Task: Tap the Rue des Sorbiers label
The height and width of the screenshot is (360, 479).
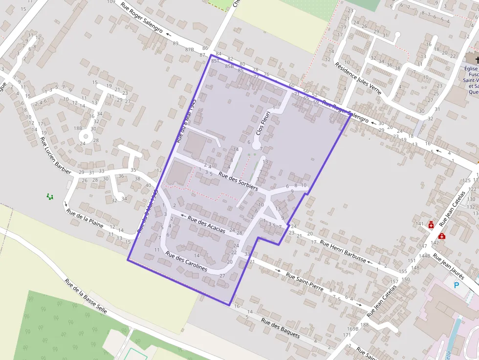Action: coord(238,180)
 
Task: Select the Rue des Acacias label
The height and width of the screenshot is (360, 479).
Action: coord(206,224)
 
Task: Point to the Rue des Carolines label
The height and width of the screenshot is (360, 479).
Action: coord(186,261)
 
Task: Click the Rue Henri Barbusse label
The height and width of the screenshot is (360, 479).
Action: coord(343,251)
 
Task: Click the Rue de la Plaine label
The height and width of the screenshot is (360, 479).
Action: coord(85,219)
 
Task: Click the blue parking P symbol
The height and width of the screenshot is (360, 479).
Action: coord(457,285)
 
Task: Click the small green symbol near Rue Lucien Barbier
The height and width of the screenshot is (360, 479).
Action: coord(50,196)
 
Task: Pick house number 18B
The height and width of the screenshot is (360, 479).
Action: coord(78,128)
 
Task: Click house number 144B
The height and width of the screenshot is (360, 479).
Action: coord(424,255)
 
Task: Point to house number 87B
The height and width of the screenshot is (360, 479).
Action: coord(190,49)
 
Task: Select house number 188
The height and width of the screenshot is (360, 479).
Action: coord(364,325)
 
